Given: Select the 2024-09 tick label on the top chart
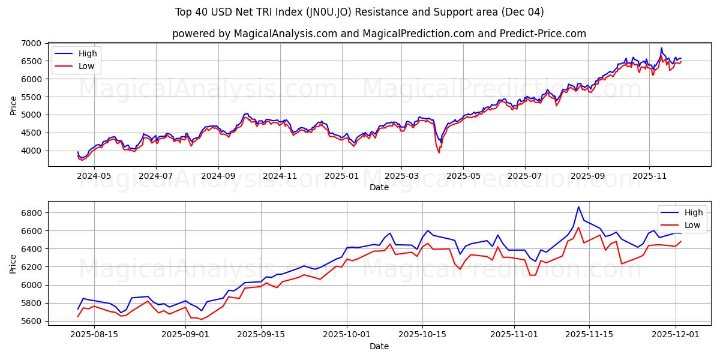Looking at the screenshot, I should pyautogui.click(x=218, y=176).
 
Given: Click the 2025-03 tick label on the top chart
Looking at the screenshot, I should pyautogui.click(x=401, y=176).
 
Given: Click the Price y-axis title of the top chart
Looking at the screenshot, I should pyautogui.click(x=13, y=105).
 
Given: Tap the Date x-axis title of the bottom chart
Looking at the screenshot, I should pyautogui.click(x=379, y=346).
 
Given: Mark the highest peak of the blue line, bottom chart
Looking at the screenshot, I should pyautogui.click(x=578, y=207).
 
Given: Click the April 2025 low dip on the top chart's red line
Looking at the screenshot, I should pyautogui.click(x=439, y=153).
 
